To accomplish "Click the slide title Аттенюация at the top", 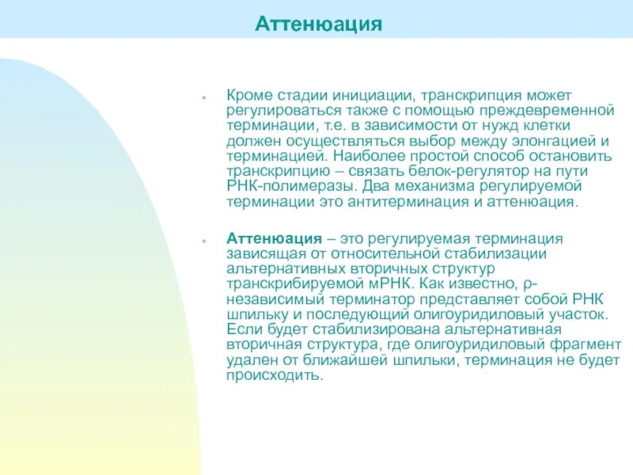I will coord(318,25).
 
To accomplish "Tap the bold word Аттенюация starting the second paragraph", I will coord(274,238).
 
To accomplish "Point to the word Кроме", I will coord(247,95).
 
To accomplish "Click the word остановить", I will coord(573,156).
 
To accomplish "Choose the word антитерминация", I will coord(422,202).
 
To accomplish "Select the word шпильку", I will coord(253,314).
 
